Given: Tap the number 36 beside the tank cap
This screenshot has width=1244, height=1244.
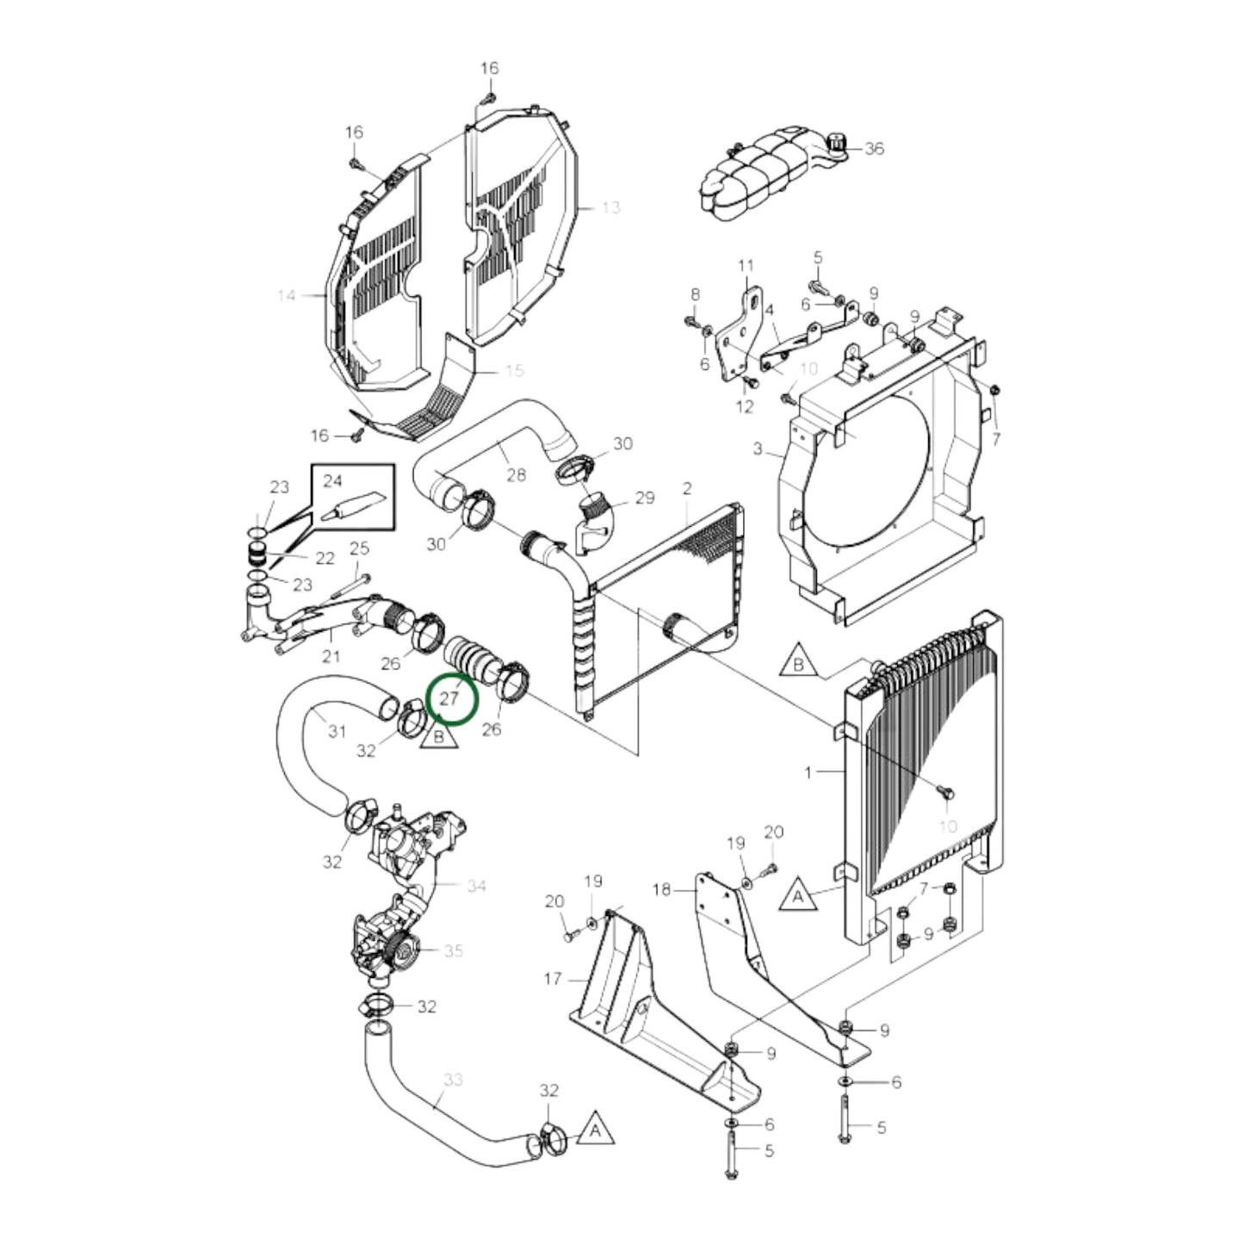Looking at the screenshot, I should (x=874, y=148).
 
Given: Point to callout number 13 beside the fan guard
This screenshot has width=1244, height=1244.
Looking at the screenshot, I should (x=610, y=207).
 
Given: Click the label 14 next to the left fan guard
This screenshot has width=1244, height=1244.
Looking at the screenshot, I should (x=287, y=296).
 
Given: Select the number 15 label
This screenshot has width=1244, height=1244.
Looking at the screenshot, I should (x=514, y=370).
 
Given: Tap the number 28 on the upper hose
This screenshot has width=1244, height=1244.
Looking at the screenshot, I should (x=516, y=475).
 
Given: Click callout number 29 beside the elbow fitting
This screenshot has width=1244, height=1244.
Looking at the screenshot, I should (x=644, y=498).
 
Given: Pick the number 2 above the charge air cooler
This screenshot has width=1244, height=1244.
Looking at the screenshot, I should (x=687, y=489).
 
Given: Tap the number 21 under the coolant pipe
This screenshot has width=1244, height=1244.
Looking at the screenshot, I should (x=331, y=658).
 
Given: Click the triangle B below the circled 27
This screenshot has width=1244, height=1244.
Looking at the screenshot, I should (x=439, y=737).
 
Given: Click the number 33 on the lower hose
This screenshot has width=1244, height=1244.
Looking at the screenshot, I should (x=453, y=1079).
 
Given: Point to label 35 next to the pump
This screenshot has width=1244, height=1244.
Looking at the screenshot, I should (x=453, y=950).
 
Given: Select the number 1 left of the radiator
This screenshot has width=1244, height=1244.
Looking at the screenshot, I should (x=808, y=772).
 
